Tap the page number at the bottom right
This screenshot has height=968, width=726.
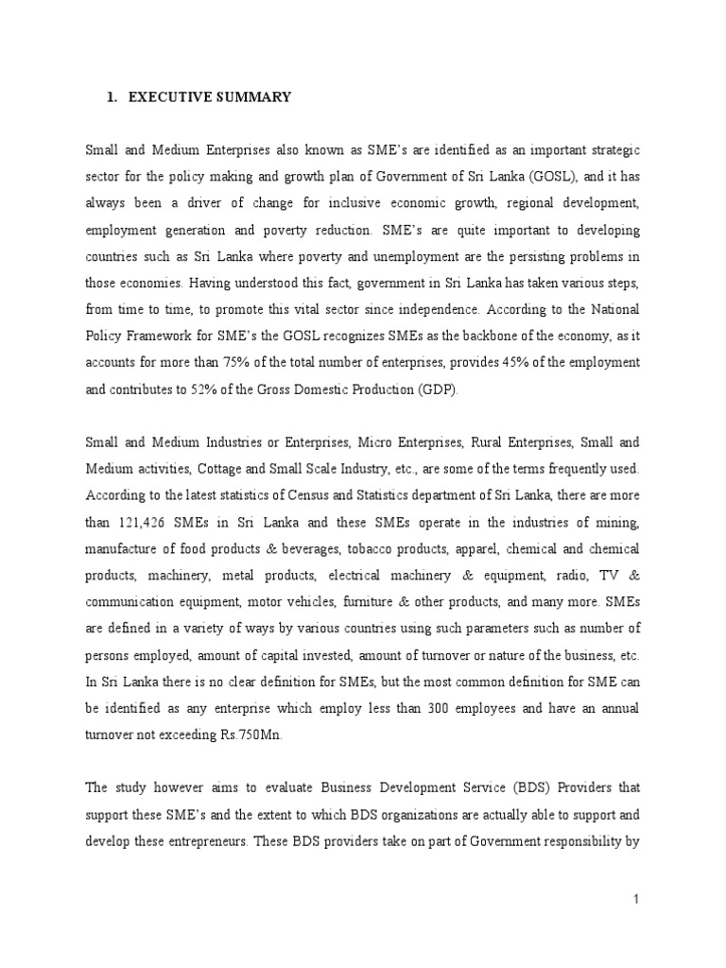coord(637,900)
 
